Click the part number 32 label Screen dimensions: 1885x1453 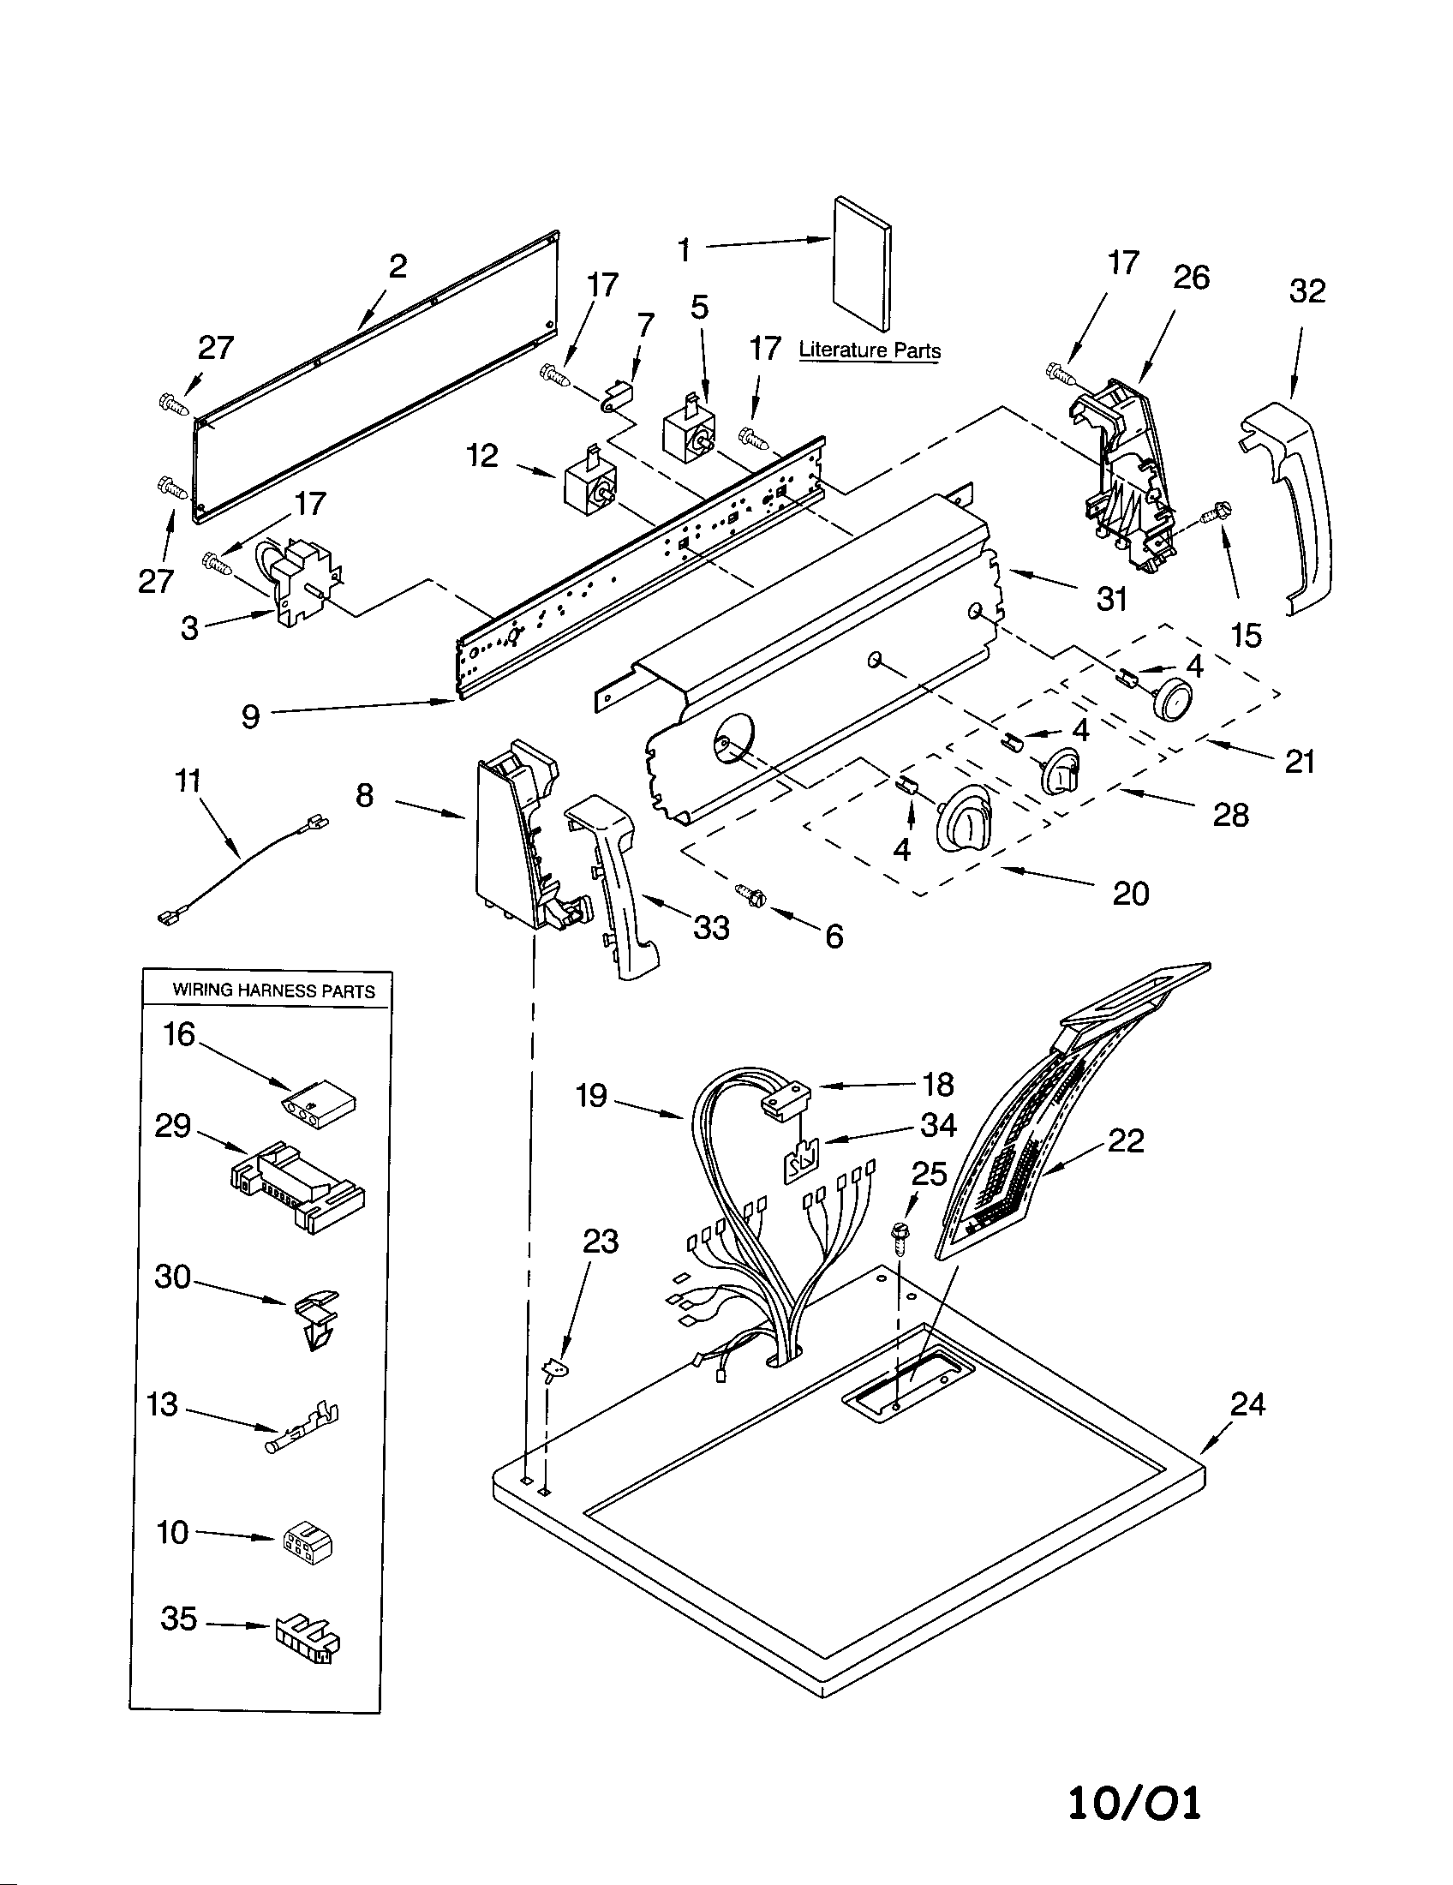1307,291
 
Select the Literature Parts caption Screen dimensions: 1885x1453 869,350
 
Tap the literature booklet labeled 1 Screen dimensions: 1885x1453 862,262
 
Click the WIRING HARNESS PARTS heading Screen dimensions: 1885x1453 273,990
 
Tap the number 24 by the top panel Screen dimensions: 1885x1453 1247,1405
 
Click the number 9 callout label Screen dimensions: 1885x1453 250,715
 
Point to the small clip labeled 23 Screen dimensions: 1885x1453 553,1369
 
